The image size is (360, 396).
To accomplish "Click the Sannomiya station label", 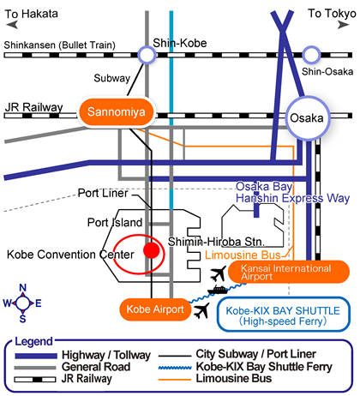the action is tap(117, 112).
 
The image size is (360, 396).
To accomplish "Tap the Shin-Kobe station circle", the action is tap(147, 55).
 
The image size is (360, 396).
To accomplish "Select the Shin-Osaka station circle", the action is tap(311, 55).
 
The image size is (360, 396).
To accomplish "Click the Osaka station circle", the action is tap(308, 118).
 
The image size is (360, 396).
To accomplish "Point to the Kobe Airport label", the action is tap(155, 309).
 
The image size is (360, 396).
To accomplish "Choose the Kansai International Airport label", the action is tap(289, 272).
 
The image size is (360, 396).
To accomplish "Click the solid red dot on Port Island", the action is tap(152, 250).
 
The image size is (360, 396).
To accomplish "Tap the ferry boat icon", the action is tap(218, 290).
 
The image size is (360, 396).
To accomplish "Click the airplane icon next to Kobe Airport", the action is tap(201, 310).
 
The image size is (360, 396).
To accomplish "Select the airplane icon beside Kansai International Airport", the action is tap(219, 273).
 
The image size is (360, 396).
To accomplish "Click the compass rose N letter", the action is tap(23, 288).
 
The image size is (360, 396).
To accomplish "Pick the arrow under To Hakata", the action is tap(12, 25).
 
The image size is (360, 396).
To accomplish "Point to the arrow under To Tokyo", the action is tap(344, 25).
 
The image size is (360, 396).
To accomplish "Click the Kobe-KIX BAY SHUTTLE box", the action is tap(284, 315).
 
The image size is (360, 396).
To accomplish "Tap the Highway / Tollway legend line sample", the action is tap(36, 356).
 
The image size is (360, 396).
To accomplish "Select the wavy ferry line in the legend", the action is tap(175, 368).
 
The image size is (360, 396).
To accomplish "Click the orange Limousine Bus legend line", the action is tap(175, 380).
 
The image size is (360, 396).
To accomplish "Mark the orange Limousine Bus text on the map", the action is tap(243, 255).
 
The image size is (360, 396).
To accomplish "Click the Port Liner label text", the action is tap(103, 193).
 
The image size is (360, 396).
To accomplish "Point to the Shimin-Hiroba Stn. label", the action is tap(216, 242).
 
